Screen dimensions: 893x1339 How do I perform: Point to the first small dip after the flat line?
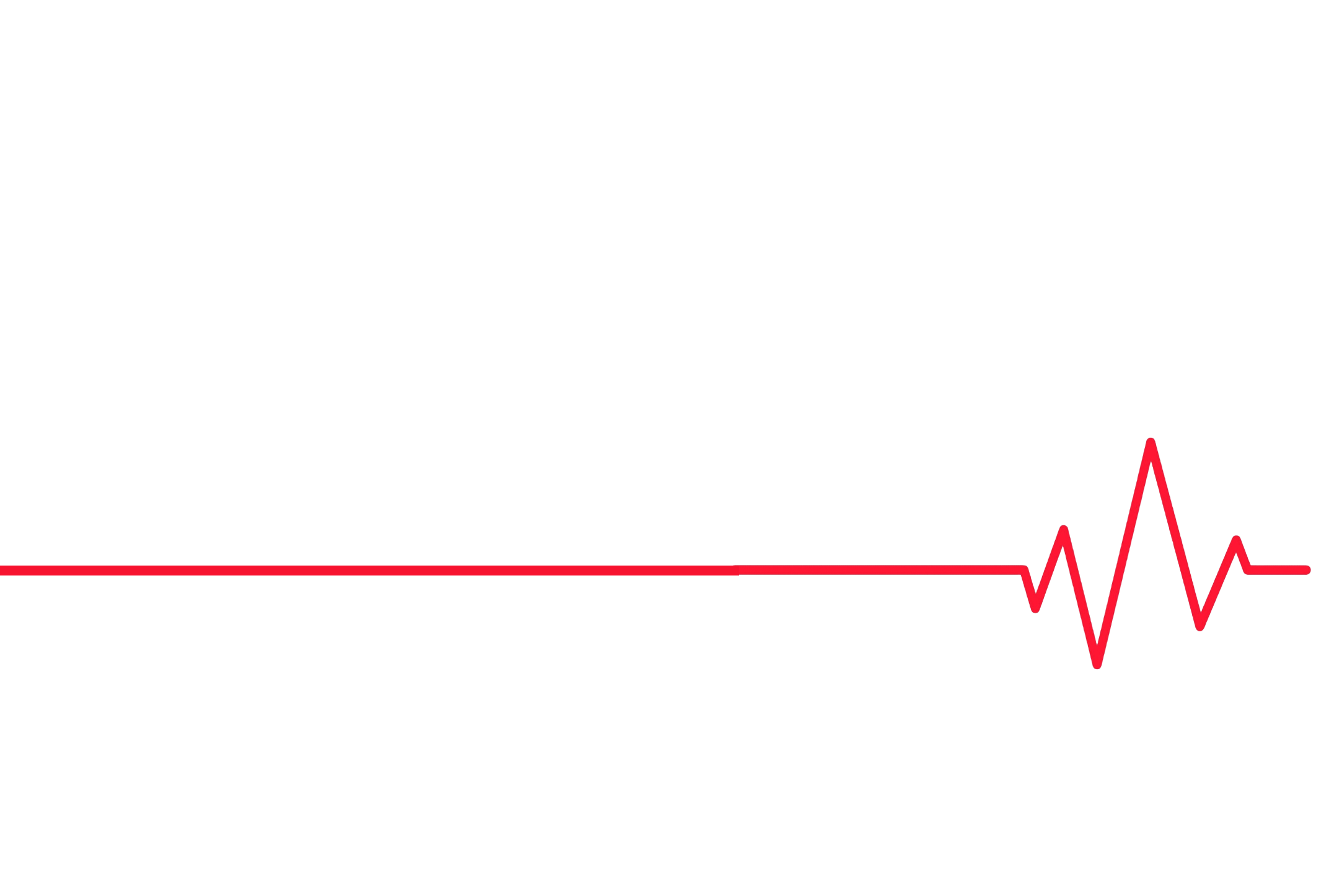[x=1035, y=609]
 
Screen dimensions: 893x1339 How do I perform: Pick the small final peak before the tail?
[x=1237, y=540]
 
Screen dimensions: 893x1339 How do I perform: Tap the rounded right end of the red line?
[x=1307, y=570]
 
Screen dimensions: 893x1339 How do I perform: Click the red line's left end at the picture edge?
[x=2, y=571]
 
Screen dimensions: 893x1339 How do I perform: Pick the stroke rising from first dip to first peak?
[x=1050, y=569]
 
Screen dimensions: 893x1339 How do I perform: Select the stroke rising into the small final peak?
[x=1219, y=583]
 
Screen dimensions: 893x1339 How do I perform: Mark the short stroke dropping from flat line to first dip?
[x=1029, y=589]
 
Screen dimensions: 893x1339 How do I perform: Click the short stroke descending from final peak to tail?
[x=1242, y=555]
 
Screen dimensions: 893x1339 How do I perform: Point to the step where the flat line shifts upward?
[x=736, y=569]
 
